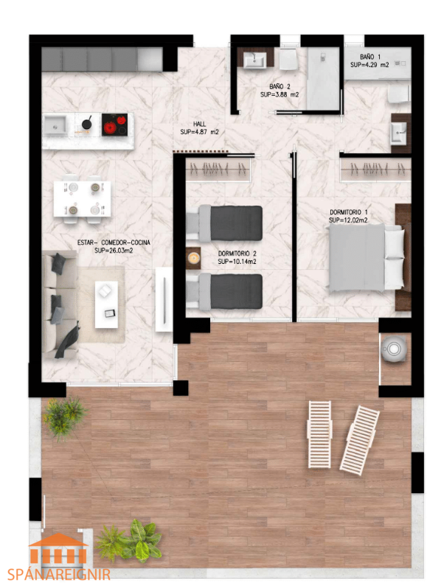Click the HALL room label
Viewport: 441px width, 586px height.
click(199, 124)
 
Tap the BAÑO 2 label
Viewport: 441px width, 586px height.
click(279, 87)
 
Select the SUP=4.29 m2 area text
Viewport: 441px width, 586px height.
click(369, 65)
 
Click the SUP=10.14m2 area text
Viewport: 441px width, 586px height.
click(237, 262)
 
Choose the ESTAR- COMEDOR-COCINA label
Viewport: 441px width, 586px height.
click(114, 243)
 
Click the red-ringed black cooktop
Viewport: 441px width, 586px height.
click(115, 125)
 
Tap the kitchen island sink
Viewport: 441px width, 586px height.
click(55, 125)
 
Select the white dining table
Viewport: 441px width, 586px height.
click(82, 199)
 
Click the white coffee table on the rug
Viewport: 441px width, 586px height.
click(106, 305)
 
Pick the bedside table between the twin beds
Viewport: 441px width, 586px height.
click(193, 258)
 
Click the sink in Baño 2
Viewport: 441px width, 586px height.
click(255, 60)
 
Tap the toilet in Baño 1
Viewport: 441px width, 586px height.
click(399, 93)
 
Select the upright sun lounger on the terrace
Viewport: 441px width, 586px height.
click(319, 435)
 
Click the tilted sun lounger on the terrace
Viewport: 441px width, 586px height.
click(359, 441)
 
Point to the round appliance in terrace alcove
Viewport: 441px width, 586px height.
click(394, 349)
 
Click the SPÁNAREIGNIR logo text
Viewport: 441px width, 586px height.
click(59, 574)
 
